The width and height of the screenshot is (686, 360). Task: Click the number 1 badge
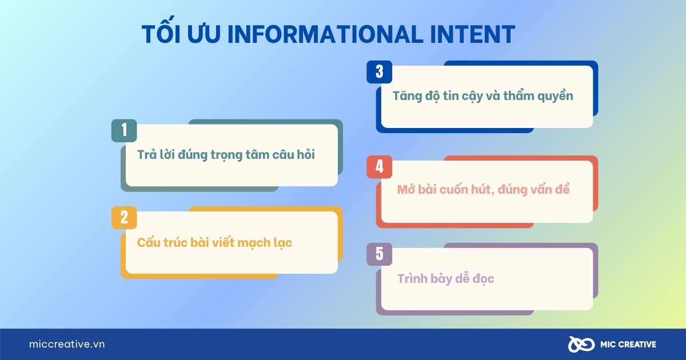coord(124,130)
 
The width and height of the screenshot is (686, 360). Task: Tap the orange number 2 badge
coord(124,218)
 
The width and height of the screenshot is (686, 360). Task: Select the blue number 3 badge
coord(380,72)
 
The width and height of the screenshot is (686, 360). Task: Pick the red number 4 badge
coord(380,167)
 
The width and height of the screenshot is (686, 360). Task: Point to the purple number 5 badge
coord(380,254)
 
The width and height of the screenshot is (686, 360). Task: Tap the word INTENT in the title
coord(473,34)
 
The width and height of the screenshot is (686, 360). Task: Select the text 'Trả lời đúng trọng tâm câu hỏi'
coord(226,155)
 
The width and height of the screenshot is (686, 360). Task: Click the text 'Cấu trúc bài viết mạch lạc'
coord(214,242)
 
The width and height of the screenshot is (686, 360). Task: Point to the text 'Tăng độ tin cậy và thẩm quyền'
coord(482,96)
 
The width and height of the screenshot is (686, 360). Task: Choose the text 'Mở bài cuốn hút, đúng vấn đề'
coord(483,190)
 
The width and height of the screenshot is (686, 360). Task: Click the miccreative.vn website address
coord(67,344)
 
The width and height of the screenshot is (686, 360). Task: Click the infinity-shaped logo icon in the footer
coord(581,345)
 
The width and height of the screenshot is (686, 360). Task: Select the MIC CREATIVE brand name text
coord(628,345)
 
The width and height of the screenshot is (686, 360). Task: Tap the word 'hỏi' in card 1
coord(305,154)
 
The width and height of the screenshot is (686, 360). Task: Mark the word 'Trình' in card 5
coord(412,278)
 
